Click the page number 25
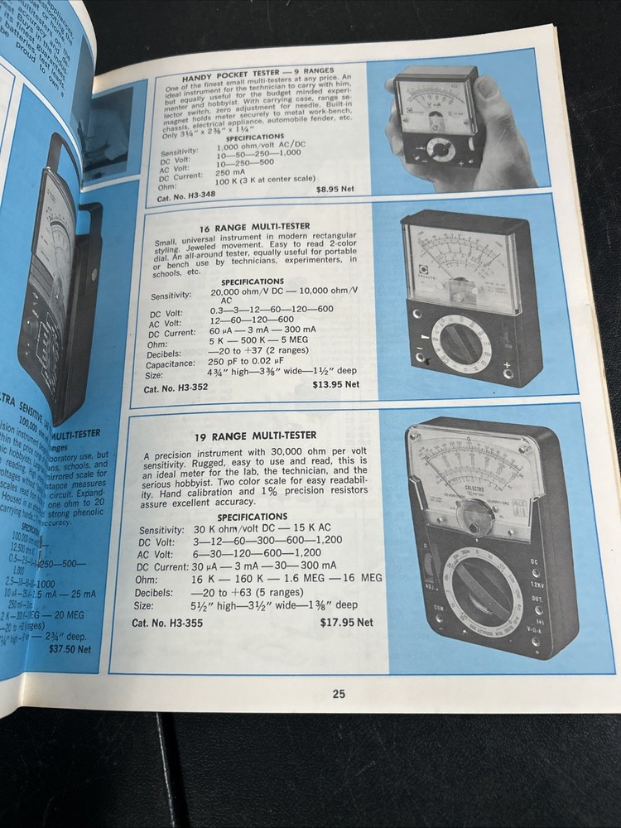[x=339, y=694]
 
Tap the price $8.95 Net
[x=335, y=189]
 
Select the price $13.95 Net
[x=335, y=384]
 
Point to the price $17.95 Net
[x=347, y=622]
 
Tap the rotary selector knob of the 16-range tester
[x=461, y=342]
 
